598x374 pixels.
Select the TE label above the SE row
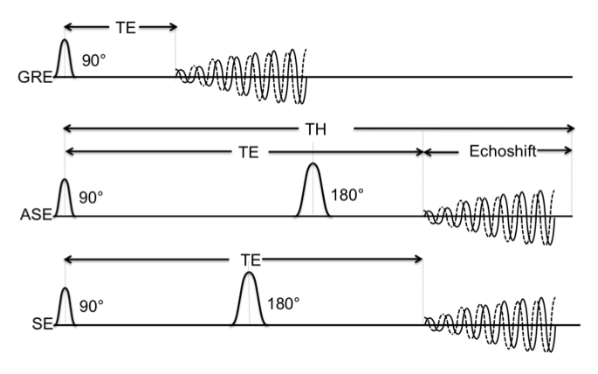(250, 260)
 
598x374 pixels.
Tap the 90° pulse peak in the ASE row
(64, 181)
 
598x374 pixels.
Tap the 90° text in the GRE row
(93, 62)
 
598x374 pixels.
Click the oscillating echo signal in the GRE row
(244, 77)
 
